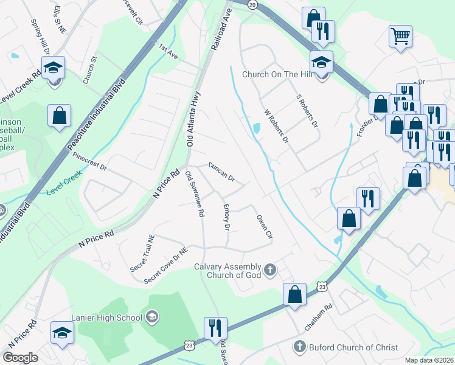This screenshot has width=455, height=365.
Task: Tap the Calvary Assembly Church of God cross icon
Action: tap(271, 268)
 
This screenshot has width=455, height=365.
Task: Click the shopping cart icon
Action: tap(400, 36)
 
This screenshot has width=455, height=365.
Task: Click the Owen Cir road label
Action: tap(263, 226)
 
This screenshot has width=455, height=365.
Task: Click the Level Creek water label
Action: tap(64, 184)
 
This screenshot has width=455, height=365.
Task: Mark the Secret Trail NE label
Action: tap(142, 254)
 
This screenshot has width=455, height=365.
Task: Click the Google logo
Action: tap(20, 358)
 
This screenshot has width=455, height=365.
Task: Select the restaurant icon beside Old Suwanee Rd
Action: tap(215, 328)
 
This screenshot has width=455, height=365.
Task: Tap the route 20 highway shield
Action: tap(253, 4)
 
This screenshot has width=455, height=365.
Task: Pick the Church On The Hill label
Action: tap(277, 74)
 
